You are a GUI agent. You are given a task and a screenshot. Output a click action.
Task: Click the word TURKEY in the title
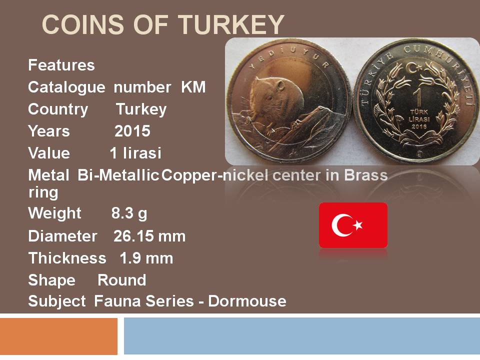click(x=231, y=24)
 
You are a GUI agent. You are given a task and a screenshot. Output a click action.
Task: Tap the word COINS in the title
click(x=83, y=24)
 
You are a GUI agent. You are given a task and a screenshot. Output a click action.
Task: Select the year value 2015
click(x=132, y=131)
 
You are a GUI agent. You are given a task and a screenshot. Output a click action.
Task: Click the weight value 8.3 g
click(x=129, y=213)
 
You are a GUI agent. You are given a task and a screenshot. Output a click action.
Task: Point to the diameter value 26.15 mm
click(x=149, y=236)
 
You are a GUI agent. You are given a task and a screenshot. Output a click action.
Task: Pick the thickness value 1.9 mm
click(x=146, y=258)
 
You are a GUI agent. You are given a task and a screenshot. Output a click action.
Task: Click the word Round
click(x=122, y=280)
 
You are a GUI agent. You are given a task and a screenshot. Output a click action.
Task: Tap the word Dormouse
click(x=247, y=301)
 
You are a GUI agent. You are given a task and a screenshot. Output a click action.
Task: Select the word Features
click(x=61, y=65)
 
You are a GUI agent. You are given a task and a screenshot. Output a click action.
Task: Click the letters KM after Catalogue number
click(x=193, y=87)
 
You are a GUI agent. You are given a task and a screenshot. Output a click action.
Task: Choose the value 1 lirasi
click(x=135, y=153)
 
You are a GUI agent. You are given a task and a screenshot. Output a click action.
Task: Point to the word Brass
click(x=366, y=175)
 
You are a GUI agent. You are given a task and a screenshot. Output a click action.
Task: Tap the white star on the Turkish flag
click(x=357, y=225)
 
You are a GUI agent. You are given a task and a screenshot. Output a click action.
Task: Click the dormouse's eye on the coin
click(x=269, y=98)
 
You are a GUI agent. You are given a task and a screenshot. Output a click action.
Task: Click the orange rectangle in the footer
click(x=59, y=336)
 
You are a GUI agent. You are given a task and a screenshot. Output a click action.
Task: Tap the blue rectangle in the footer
click(x=302, y=336)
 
